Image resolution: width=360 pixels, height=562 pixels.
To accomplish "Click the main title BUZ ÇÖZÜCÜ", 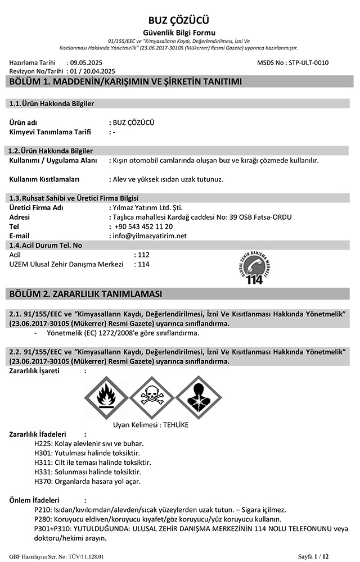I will (179, 20).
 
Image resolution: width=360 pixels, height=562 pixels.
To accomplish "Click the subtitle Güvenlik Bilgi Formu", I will (179, 33).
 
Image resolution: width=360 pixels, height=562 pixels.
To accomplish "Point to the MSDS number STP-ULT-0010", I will (308, 63).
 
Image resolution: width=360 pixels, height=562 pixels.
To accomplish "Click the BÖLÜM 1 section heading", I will (126, 82).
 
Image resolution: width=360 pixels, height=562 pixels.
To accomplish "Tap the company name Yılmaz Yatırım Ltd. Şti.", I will (147, 207).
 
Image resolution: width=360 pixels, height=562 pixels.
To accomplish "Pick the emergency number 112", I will (143, 255).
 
